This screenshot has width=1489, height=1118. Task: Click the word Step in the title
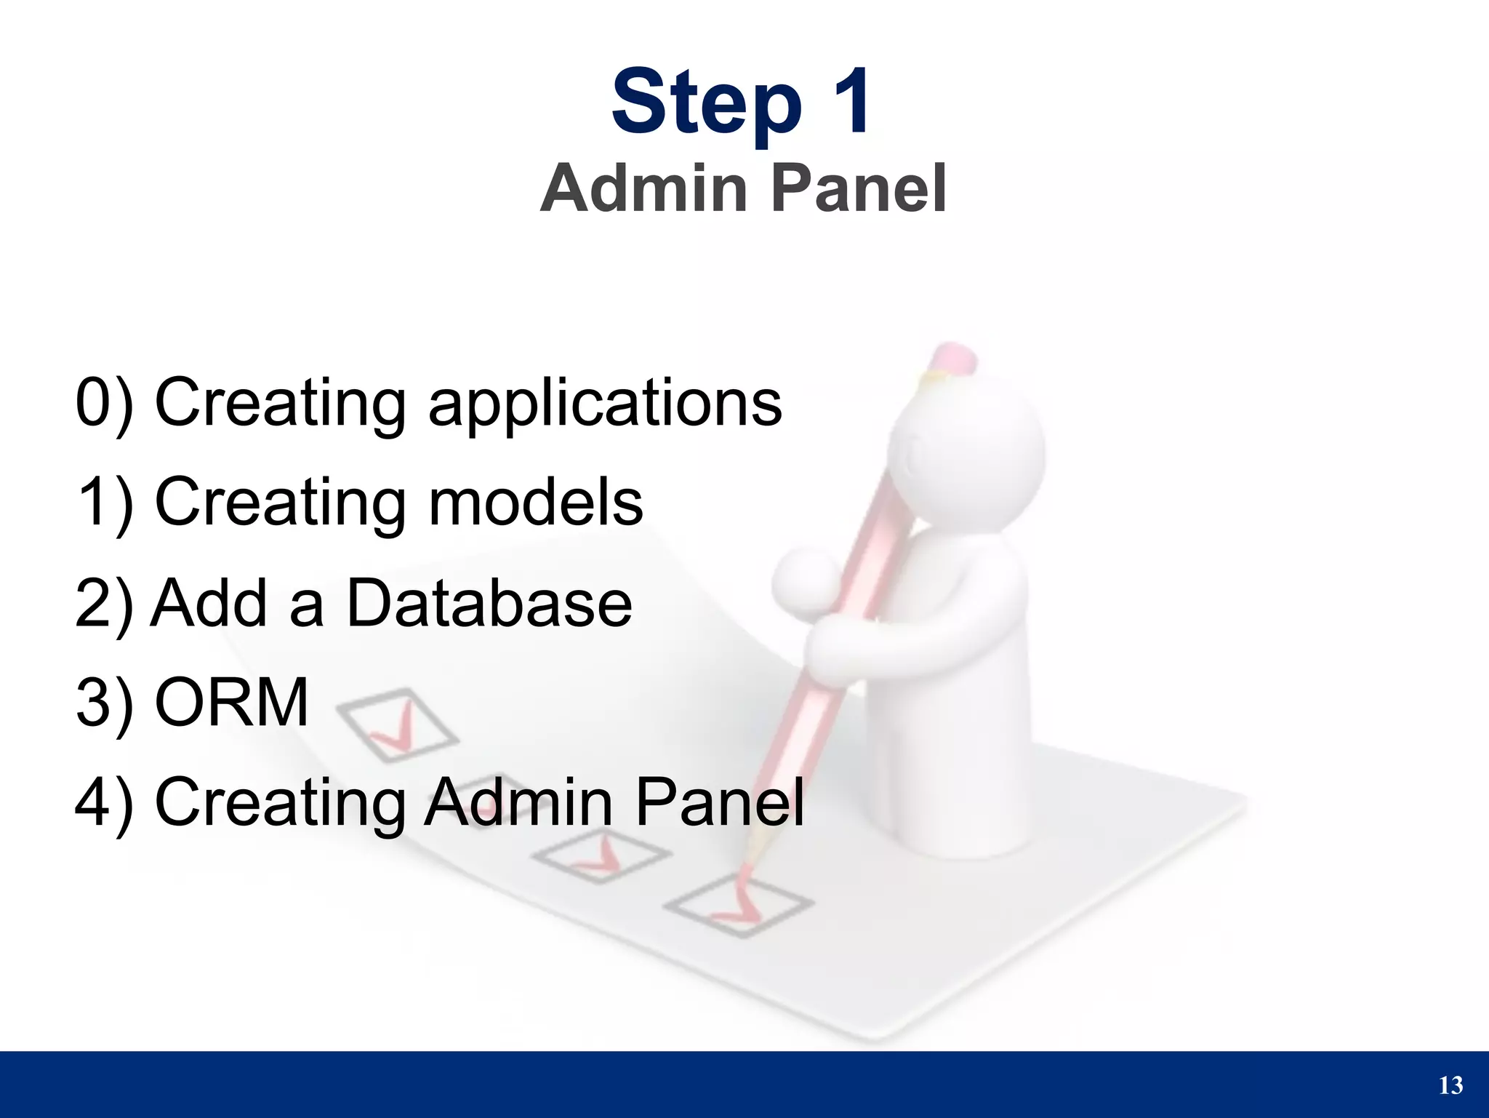706,103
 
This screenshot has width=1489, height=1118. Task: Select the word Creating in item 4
280,803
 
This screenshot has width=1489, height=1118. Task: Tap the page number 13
1450,1086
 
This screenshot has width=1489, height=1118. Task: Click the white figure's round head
967,444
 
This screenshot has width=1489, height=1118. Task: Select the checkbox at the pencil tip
738,906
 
